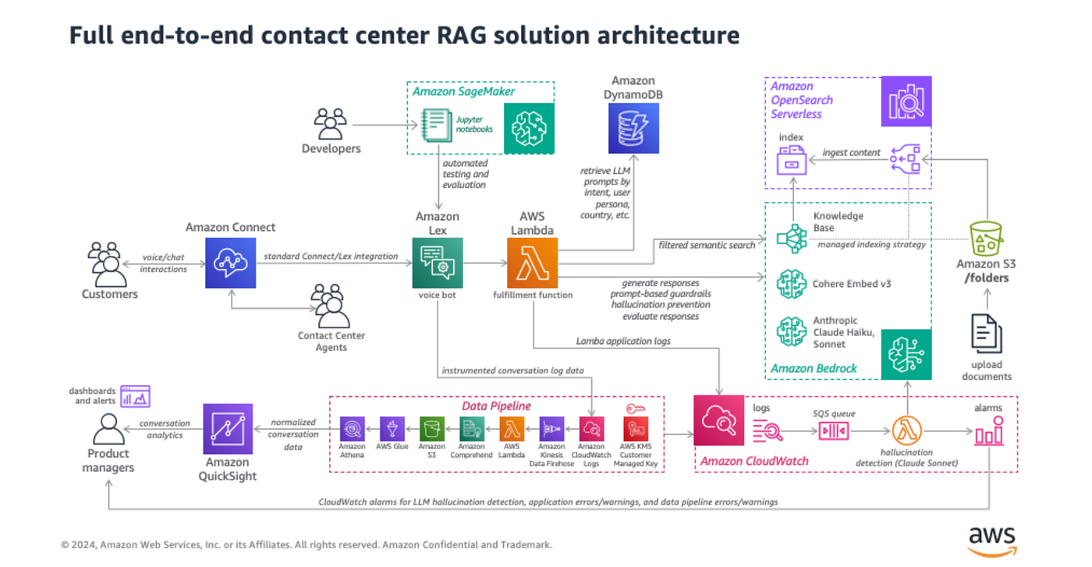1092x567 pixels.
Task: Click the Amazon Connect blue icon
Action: [x=230, y=264]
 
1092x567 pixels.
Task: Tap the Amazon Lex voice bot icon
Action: [x=438, y=264]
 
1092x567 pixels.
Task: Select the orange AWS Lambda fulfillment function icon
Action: [x=533, y=264]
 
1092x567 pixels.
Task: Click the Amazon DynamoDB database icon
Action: [x=633, y=128]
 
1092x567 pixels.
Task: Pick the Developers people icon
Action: [x=331, y=124]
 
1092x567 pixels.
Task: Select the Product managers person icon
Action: [x=108, y=428]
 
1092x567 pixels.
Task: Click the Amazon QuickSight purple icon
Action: [x=228, y=429]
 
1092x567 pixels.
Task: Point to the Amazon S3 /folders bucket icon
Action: [x=986, y=239]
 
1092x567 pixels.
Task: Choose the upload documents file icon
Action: [x=986, y=333]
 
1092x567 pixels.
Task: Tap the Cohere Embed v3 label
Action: [x=852, y=284]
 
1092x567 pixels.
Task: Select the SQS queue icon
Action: [x=833, y=431]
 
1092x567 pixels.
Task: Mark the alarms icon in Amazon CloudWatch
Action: [x=988, y=431]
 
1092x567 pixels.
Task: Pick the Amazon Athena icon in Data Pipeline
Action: [x=353, y=428]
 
